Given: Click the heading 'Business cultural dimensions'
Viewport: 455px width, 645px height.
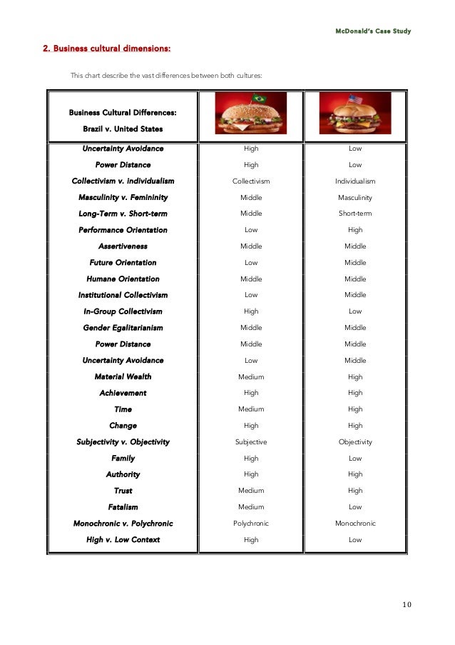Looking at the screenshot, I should pos(106,49).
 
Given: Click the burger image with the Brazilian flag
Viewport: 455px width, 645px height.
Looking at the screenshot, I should pos(251,114).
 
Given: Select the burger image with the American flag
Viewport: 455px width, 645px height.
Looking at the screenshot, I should pos(355,114).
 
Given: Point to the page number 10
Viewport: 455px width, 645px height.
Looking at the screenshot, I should pos(406,605).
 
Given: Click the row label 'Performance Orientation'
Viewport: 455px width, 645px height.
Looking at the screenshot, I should pos(123,230).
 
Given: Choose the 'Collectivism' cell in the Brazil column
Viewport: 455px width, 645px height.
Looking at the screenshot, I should pos(251,181).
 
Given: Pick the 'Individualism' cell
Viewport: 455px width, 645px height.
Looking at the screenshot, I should pos(355,181).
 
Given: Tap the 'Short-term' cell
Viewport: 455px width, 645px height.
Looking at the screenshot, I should pos(355,214).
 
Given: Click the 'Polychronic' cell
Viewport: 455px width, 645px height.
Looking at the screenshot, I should pos(251,524).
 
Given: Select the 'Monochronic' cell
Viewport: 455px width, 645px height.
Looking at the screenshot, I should pos(355,524).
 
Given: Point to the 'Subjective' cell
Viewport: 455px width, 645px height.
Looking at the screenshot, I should pos(251,442).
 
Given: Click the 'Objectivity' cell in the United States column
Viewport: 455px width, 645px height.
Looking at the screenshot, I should pos(355,442).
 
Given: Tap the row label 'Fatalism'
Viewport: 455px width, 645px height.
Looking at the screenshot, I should pos(123,507).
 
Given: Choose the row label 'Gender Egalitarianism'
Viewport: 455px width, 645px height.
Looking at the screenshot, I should pos(123,328).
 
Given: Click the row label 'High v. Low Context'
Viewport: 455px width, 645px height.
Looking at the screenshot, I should pos(123,540).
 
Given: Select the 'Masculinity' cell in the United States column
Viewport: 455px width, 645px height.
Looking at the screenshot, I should pos(355,197).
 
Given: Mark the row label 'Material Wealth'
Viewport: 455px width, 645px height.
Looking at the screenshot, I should pos(123,376).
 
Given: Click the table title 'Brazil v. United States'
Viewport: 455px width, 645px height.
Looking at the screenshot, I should pos(123,129).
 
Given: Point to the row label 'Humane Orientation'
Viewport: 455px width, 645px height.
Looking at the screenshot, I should pos(123,279).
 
